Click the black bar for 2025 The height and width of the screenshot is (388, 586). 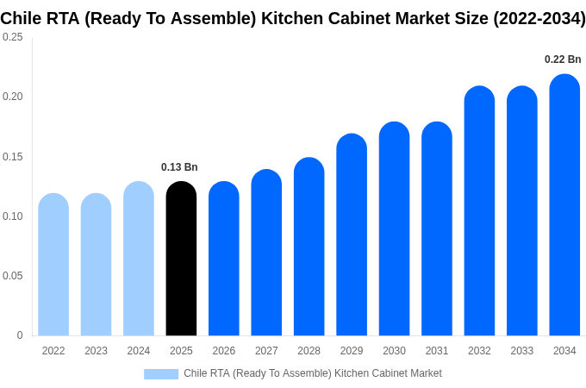pyautogui.click(x=181, y=259)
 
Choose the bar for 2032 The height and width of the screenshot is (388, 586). pyautogui.click(x=479, y=211)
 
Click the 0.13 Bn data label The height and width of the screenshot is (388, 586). pyautogui.click(x=179, y=167)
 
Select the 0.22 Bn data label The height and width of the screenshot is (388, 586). pyautogui.click(x=563, y=59)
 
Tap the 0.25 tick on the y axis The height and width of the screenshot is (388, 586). pyautogui.click(x=13, y=37)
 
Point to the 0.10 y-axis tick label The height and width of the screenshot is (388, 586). pyautogui.click(x=13, y=216)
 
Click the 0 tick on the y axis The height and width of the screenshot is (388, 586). pyautogui.click(x=20, y=335)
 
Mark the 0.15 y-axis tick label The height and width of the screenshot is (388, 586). pyautogui.click(x=13, y=157)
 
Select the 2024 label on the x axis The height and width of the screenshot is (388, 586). pyautogui.click(x=139, y=351)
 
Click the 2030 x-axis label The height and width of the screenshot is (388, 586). pyautogui.click(x=394, y=351)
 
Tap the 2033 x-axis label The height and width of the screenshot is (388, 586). pyautogui.click(x=521, y=351)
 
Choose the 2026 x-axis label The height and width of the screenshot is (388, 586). pyautogui.click(x=224, y=351)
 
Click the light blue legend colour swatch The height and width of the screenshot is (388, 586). pyautogui.click(x=161, y=373)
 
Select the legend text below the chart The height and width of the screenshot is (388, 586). pyautogui.click(x=312, y=373)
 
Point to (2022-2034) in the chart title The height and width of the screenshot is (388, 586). pyautogui.click(x=539, y=18)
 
